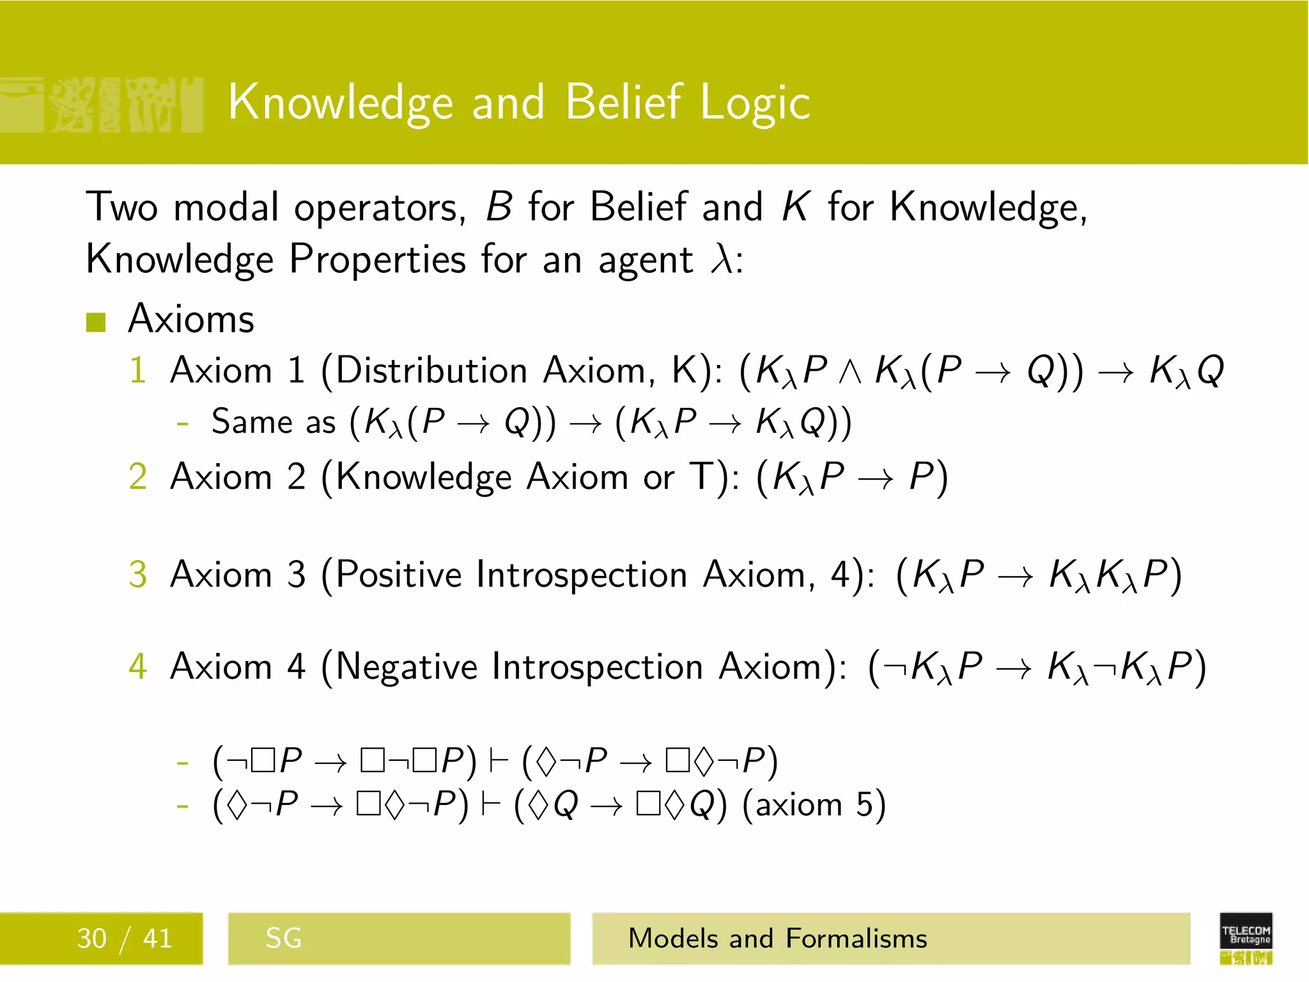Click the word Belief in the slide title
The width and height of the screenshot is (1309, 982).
(623, 102)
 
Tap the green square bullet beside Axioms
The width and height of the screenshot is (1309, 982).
(96, 322)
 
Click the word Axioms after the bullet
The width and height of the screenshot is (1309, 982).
(190, 318)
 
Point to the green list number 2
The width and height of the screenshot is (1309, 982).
(138, 477)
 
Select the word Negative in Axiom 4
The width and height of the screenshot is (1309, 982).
(406, 666)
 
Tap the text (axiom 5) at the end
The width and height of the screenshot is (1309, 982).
(814, 804)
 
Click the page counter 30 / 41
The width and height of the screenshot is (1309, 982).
(125, 939)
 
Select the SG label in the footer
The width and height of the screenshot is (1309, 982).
(283, 939)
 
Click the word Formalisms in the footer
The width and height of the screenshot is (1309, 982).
(856, 939)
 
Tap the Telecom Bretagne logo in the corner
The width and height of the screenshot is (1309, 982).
(1246, 938)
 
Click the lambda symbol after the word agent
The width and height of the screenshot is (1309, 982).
(722, 260)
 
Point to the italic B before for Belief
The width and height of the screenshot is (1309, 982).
(499, 207)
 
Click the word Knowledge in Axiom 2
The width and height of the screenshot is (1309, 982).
(423, 478)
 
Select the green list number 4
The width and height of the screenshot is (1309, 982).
(138, 666)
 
